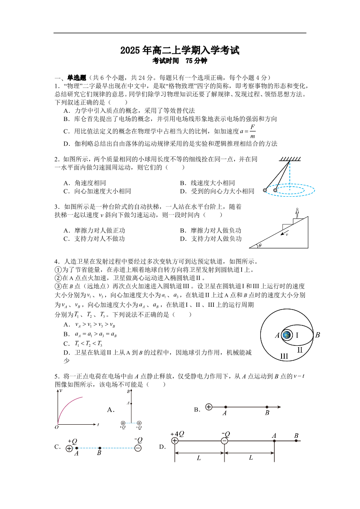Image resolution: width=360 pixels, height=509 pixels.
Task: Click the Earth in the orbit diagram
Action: click(x=287, y=335)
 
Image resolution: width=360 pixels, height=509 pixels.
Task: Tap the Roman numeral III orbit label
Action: click(x=284, y=356)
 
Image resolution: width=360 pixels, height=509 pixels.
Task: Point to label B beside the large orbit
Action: click(x=318, y=335)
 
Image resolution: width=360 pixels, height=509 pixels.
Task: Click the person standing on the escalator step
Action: click(x=297, y=213)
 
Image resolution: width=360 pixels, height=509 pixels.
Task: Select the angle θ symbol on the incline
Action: click(x=260, y=246)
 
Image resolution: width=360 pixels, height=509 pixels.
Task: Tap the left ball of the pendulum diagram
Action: click(x=265, y=190)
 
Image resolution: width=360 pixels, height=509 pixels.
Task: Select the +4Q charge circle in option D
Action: click(x=175, y=441)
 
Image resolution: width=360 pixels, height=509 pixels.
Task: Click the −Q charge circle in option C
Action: click(x=138, y=448)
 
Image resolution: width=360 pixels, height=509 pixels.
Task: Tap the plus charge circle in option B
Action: click(x=209, y=407)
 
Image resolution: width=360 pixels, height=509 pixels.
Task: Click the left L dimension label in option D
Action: click(x=199, y=458)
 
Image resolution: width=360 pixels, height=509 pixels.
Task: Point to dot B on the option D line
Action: click(x=296, y=441)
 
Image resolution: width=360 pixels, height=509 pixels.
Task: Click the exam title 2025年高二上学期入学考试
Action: click(x=180, y=51)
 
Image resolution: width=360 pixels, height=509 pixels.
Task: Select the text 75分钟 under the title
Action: click(x=196, y=61)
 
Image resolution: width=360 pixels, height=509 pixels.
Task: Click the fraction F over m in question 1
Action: click(x=252, y=131)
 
